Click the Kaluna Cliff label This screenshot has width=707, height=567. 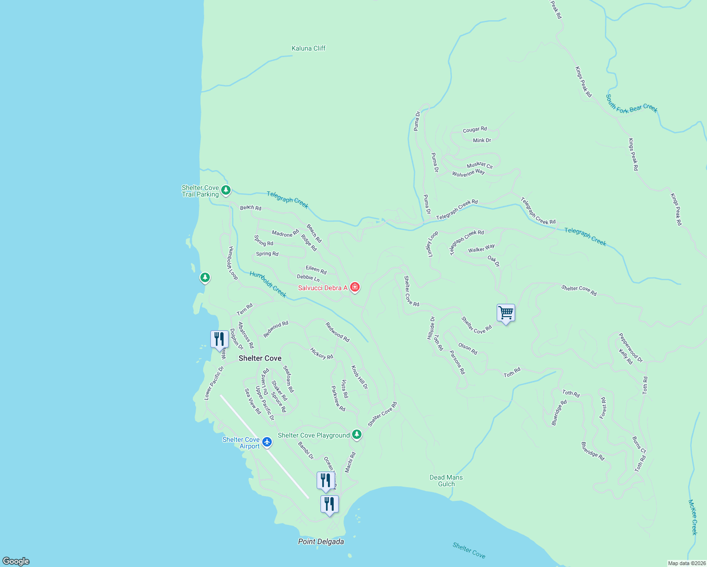[309, 48]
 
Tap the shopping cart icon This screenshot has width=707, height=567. [506, 312]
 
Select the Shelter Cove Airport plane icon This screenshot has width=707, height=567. [267, 442]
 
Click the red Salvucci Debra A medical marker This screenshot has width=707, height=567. [355, 287]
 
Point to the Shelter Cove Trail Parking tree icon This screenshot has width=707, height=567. [226, 190]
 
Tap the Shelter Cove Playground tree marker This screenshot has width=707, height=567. [357, 434]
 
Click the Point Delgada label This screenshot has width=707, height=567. [321, 541]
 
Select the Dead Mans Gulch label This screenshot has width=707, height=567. [446, 481]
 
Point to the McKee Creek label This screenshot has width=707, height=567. [692, 517]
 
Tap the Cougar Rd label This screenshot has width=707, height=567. [474, 129]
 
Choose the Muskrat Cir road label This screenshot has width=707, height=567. [480, 165]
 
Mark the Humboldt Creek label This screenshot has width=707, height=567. [268, 284]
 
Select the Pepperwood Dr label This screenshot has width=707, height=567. [631, 348]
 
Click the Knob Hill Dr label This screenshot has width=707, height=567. [360, 377]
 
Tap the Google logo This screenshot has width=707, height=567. [16, 561]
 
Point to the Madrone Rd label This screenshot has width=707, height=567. [285, 233]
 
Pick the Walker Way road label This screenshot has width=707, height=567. [481, 249]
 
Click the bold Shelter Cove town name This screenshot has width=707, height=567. [260, 358]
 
